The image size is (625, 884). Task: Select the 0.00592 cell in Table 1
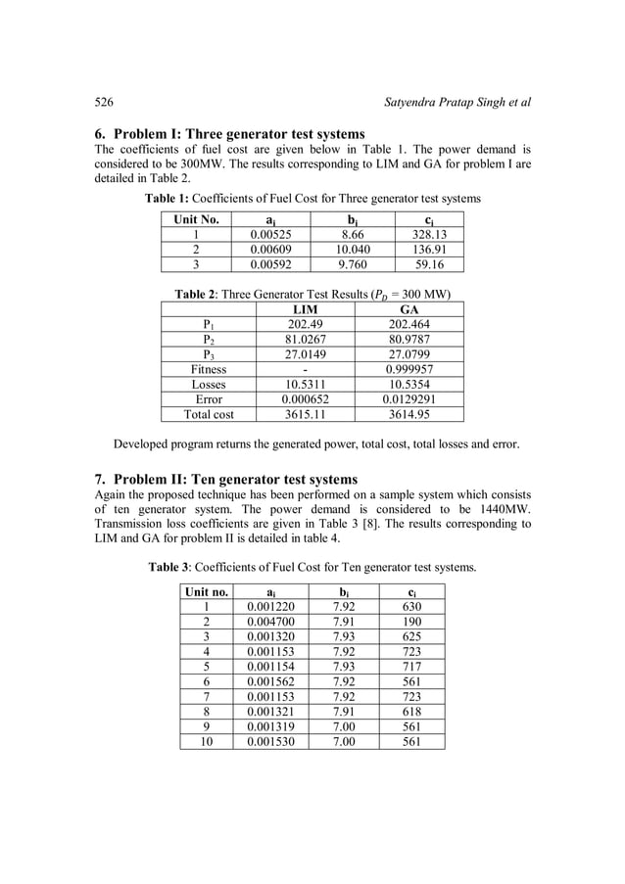point(269,264)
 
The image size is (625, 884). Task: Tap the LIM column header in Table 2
point(307,309)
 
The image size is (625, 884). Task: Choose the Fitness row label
point(209,369)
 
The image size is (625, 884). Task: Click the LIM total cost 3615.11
point(307,414)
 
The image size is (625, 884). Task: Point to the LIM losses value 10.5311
point(307,385)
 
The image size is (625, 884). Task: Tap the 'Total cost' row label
point(209,414)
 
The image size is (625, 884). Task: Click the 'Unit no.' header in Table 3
point(207,592)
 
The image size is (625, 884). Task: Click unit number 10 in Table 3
point(207,741)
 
